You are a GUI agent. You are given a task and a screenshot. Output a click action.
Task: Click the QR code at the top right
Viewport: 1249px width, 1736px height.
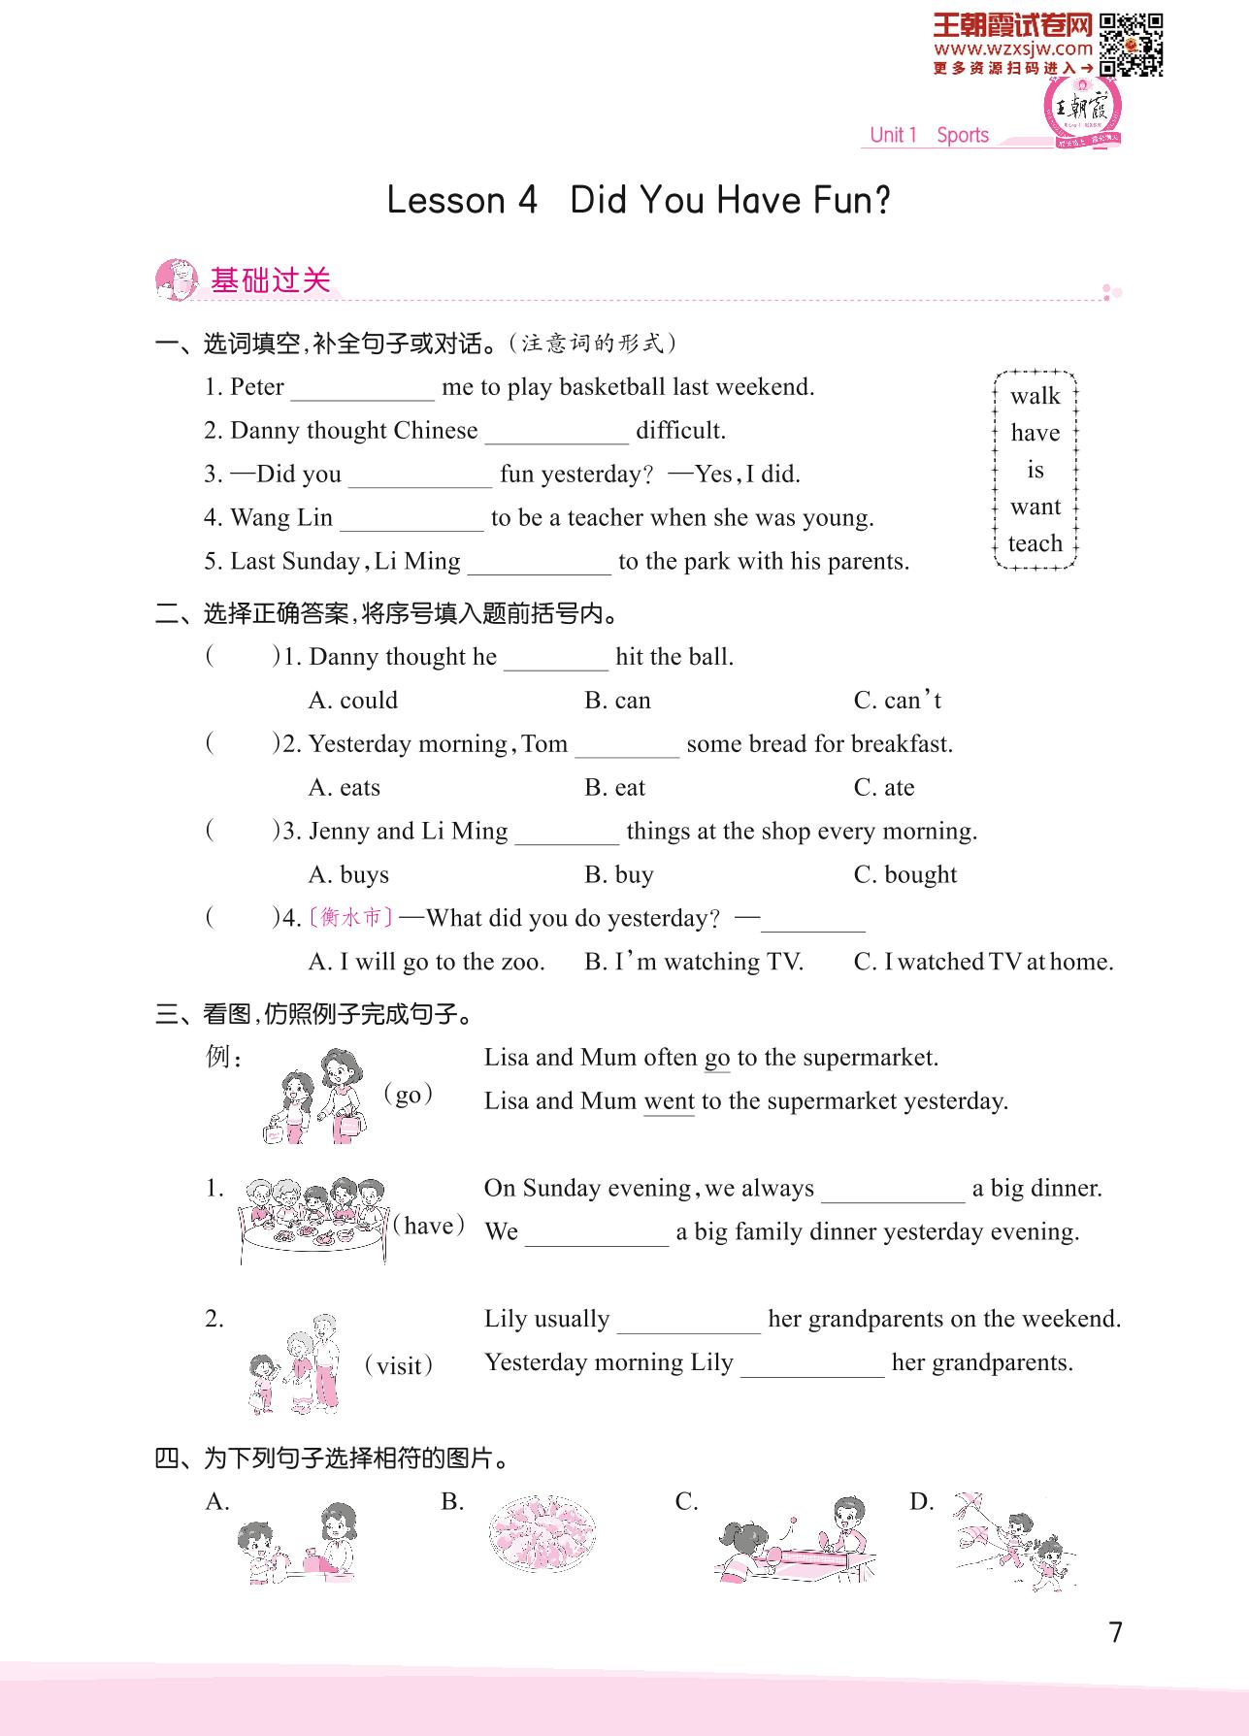1132,45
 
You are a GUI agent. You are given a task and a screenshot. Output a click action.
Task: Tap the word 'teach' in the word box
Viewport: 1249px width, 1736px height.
1035,543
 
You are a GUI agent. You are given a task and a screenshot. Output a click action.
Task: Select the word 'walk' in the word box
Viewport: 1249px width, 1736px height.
1035,396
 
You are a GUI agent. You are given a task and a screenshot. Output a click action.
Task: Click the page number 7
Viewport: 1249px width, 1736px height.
1115,1632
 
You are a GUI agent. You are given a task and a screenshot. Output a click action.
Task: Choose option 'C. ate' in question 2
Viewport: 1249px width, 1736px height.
884,787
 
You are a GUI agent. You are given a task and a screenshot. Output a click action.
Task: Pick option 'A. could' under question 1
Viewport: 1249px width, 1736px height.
353,700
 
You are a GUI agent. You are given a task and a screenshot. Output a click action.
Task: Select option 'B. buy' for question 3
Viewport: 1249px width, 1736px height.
619,874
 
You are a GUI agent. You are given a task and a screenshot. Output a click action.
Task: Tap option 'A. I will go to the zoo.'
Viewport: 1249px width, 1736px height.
427,962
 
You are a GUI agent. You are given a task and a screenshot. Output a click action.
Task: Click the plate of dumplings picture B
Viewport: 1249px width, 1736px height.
542,1536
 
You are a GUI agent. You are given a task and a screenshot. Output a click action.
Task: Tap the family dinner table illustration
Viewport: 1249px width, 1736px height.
312,1221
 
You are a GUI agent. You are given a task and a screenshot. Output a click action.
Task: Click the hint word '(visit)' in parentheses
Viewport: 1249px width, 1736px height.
398,1366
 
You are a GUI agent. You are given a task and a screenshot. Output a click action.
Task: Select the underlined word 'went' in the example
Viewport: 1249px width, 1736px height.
669,1101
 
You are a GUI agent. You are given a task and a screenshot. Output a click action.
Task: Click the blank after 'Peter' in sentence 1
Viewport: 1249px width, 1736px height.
363,389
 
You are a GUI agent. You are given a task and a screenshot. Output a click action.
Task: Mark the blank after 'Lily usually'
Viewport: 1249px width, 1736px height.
689,1322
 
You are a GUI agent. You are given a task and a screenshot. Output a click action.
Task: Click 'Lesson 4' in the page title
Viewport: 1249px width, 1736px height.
462,200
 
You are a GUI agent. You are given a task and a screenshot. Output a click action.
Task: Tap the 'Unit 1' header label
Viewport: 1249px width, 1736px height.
893,135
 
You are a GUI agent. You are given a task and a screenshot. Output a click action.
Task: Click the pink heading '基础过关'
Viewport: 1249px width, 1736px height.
271,280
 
